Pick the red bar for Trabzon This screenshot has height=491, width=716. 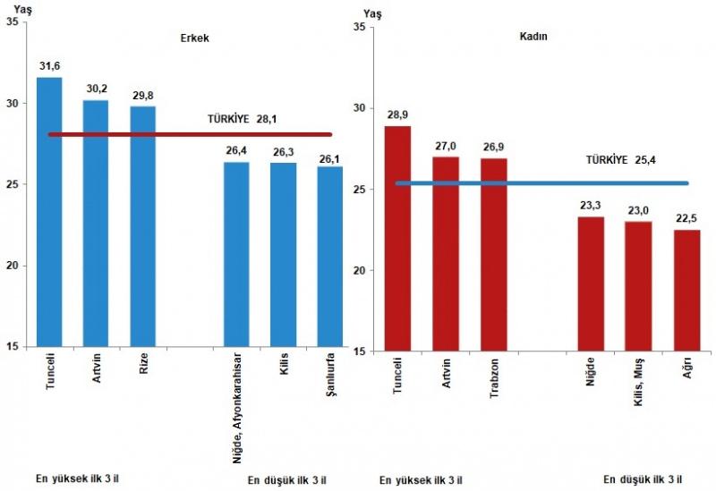(x=493, y=254)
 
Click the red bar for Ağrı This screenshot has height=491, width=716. (x=686, y=290)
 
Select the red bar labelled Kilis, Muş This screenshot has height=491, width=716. (x=637, y=285)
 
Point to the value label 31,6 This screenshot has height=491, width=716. (x=49, y=65)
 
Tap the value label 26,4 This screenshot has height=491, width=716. (x=236, y=150)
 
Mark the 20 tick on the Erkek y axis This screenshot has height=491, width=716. (x=10, y=266)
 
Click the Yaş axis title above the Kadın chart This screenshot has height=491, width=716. (x=373, y=15)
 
